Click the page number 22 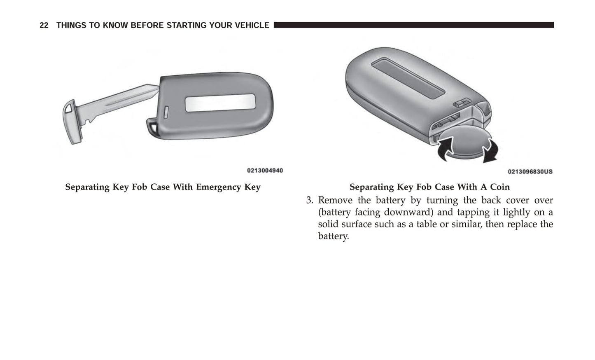44,26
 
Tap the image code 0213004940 265,171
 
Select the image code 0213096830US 530,171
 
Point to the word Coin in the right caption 499,187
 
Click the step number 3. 310,201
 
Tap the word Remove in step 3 335,201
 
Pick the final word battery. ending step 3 333,236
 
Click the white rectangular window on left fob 220,103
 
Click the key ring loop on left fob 152,125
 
